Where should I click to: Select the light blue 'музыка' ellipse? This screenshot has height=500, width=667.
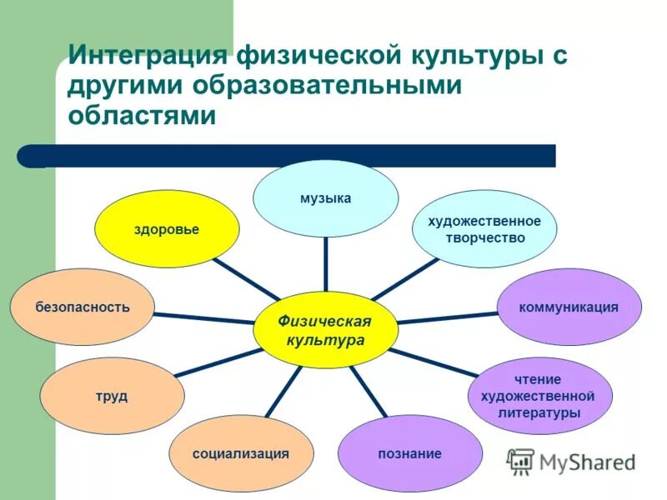326,198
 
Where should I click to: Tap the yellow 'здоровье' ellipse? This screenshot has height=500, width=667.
167,229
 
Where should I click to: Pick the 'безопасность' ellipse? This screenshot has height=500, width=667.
83,307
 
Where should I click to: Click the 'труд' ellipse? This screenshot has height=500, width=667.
112,396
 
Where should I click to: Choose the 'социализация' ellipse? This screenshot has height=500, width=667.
241,453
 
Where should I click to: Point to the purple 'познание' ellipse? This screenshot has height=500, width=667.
409,453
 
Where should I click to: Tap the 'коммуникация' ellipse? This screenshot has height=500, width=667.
569,307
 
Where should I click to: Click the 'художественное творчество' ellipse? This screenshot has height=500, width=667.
484,228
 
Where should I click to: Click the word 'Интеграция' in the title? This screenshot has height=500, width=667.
148,57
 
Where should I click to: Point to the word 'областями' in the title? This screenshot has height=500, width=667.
142,115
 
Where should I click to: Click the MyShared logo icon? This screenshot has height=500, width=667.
521,461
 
